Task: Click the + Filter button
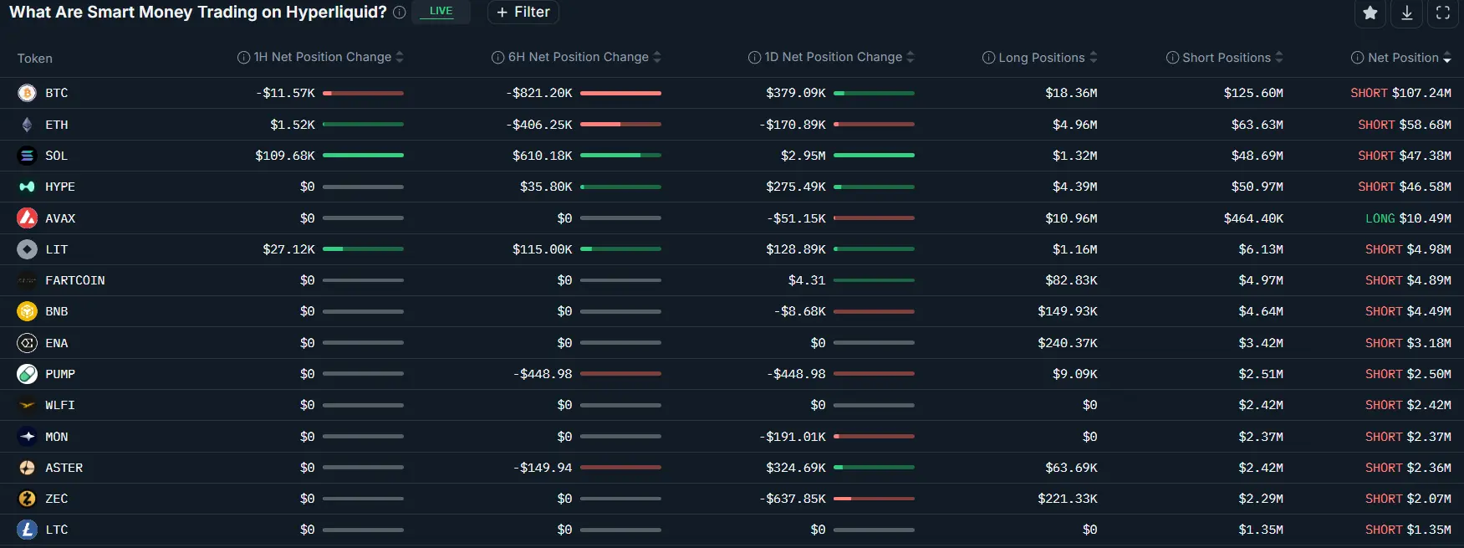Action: point(523,12)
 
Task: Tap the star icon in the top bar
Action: point(1370,13)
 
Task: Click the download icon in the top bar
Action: point(1407,13)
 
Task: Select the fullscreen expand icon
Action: point(1443,13)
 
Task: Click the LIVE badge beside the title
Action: point(441,12)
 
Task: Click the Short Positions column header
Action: point(1226,58)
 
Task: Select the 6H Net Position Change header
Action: point(578,57)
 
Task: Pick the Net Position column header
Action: point(1402,58)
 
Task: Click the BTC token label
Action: point(56,93)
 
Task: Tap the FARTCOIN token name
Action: point(74,280)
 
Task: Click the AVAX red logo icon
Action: point(27,218)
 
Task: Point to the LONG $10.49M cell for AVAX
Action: point(1408,218)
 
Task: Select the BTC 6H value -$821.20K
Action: point(539,93)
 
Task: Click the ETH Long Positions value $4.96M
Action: point(1074,125)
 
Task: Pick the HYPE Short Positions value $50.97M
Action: point(1257,187)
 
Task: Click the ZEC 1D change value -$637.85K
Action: point(792,499)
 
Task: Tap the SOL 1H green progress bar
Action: point(363,156)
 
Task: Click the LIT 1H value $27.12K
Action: point(288,249)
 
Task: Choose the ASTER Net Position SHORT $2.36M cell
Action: point(1408,468)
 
